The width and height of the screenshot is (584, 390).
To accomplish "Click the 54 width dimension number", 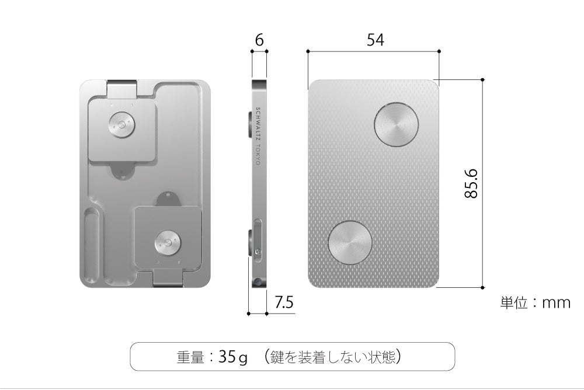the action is click(x=375, y=40).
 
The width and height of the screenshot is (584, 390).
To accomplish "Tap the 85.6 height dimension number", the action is click(x=471, y=183).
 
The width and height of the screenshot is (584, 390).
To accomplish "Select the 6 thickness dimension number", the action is click(x=259, y=40).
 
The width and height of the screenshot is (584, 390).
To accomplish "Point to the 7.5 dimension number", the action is click(x=284, y=302).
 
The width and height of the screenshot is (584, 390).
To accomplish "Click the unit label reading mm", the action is click(x=556, y=303).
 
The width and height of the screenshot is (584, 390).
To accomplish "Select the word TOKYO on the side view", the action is click(x=258, y=155).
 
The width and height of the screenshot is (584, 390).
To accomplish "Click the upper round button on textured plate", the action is click(x=397, y=124).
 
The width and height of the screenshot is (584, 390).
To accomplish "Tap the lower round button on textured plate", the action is click(x=350, y=243).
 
